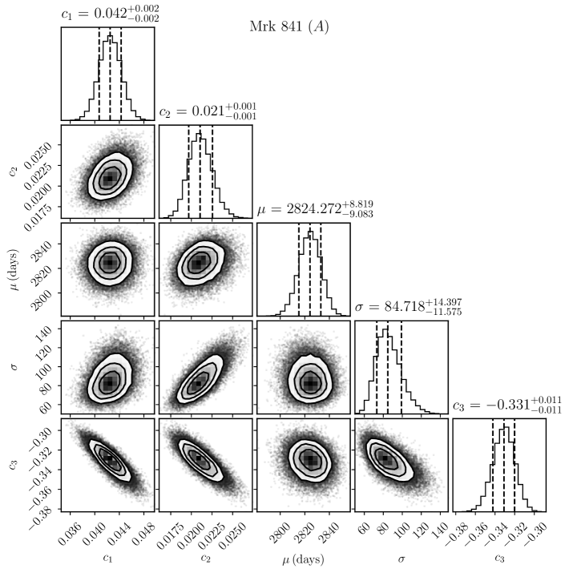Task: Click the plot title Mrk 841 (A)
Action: (x=289, y=26)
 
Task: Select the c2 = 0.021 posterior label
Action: (x=208, y=112)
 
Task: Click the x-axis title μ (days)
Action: (x=304, y=558)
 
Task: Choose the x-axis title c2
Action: (x=205, y=558)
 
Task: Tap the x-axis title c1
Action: (x=107, y=558)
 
